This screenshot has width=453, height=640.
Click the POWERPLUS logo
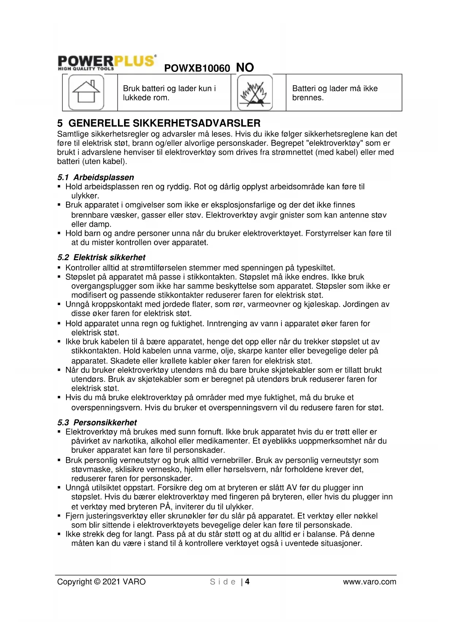point(107,62)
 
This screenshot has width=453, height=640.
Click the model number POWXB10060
point(197,68)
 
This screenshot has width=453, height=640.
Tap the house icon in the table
point(86,92)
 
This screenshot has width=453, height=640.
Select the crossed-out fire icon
point(255,92)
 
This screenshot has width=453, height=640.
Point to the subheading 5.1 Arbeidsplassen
point(96,177)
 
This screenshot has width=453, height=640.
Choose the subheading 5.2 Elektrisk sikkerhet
point(101,257)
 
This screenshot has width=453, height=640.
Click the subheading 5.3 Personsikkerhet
point(97,423)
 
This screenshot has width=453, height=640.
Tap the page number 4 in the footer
point(247,582)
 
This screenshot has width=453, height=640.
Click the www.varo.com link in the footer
point(369,582)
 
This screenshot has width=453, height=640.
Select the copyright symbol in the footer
point(97,582)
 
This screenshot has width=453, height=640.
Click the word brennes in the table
point(308,98)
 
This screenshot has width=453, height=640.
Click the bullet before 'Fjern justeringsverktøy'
point(59,516)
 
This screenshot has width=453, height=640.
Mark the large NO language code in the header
point(245,68)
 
